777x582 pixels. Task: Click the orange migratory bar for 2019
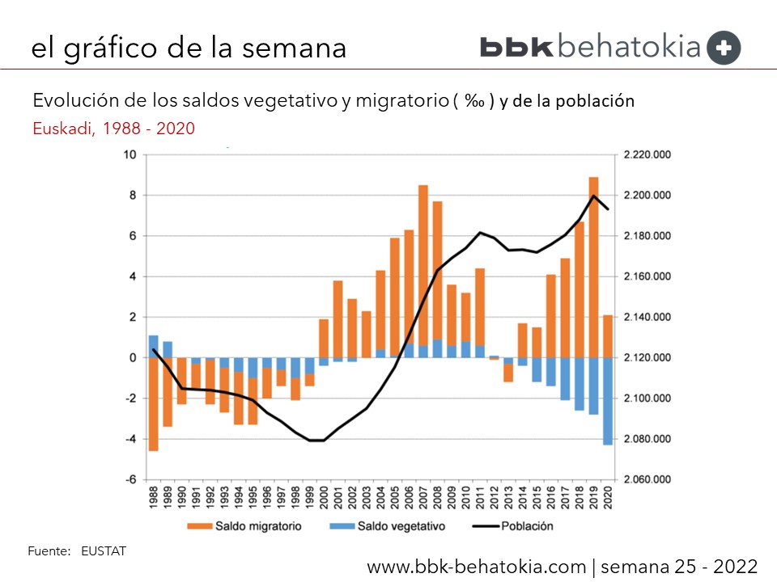(593, 267)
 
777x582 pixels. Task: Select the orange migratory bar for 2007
(422, 271)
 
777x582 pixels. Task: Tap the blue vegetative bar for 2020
(608, 401)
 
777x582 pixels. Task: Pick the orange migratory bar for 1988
(153, 404)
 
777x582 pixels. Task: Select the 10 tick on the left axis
(129, 154)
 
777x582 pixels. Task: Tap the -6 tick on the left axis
(129, 479)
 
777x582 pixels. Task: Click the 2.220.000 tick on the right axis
(644, 154)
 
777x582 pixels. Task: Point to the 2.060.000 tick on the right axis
(644, 479)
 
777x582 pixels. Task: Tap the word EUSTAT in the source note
(104, 551)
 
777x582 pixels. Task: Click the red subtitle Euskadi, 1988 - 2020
(113, 128)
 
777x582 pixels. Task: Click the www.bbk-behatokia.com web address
(477, 566)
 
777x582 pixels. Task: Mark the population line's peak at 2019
(593, 196)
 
